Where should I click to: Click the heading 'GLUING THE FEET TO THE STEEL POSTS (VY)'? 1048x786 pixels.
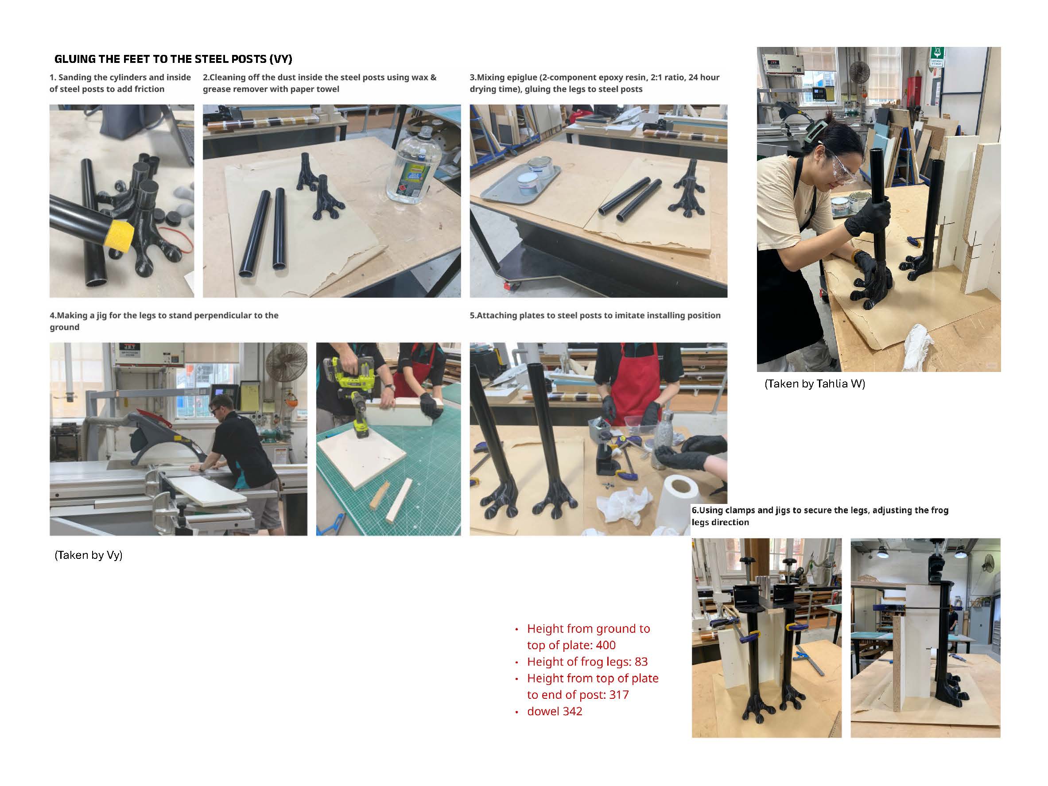[173, 59]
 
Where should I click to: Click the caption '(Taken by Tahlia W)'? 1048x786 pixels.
[815, 384]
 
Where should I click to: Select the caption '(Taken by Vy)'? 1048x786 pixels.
[89, 555]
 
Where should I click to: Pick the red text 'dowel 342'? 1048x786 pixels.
[554, 711]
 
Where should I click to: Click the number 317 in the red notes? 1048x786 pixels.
[619, 695]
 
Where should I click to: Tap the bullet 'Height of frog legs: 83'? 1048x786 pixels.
[587, 662]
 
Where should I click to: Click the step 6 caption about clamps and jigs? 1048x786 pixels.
[819, 516]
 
